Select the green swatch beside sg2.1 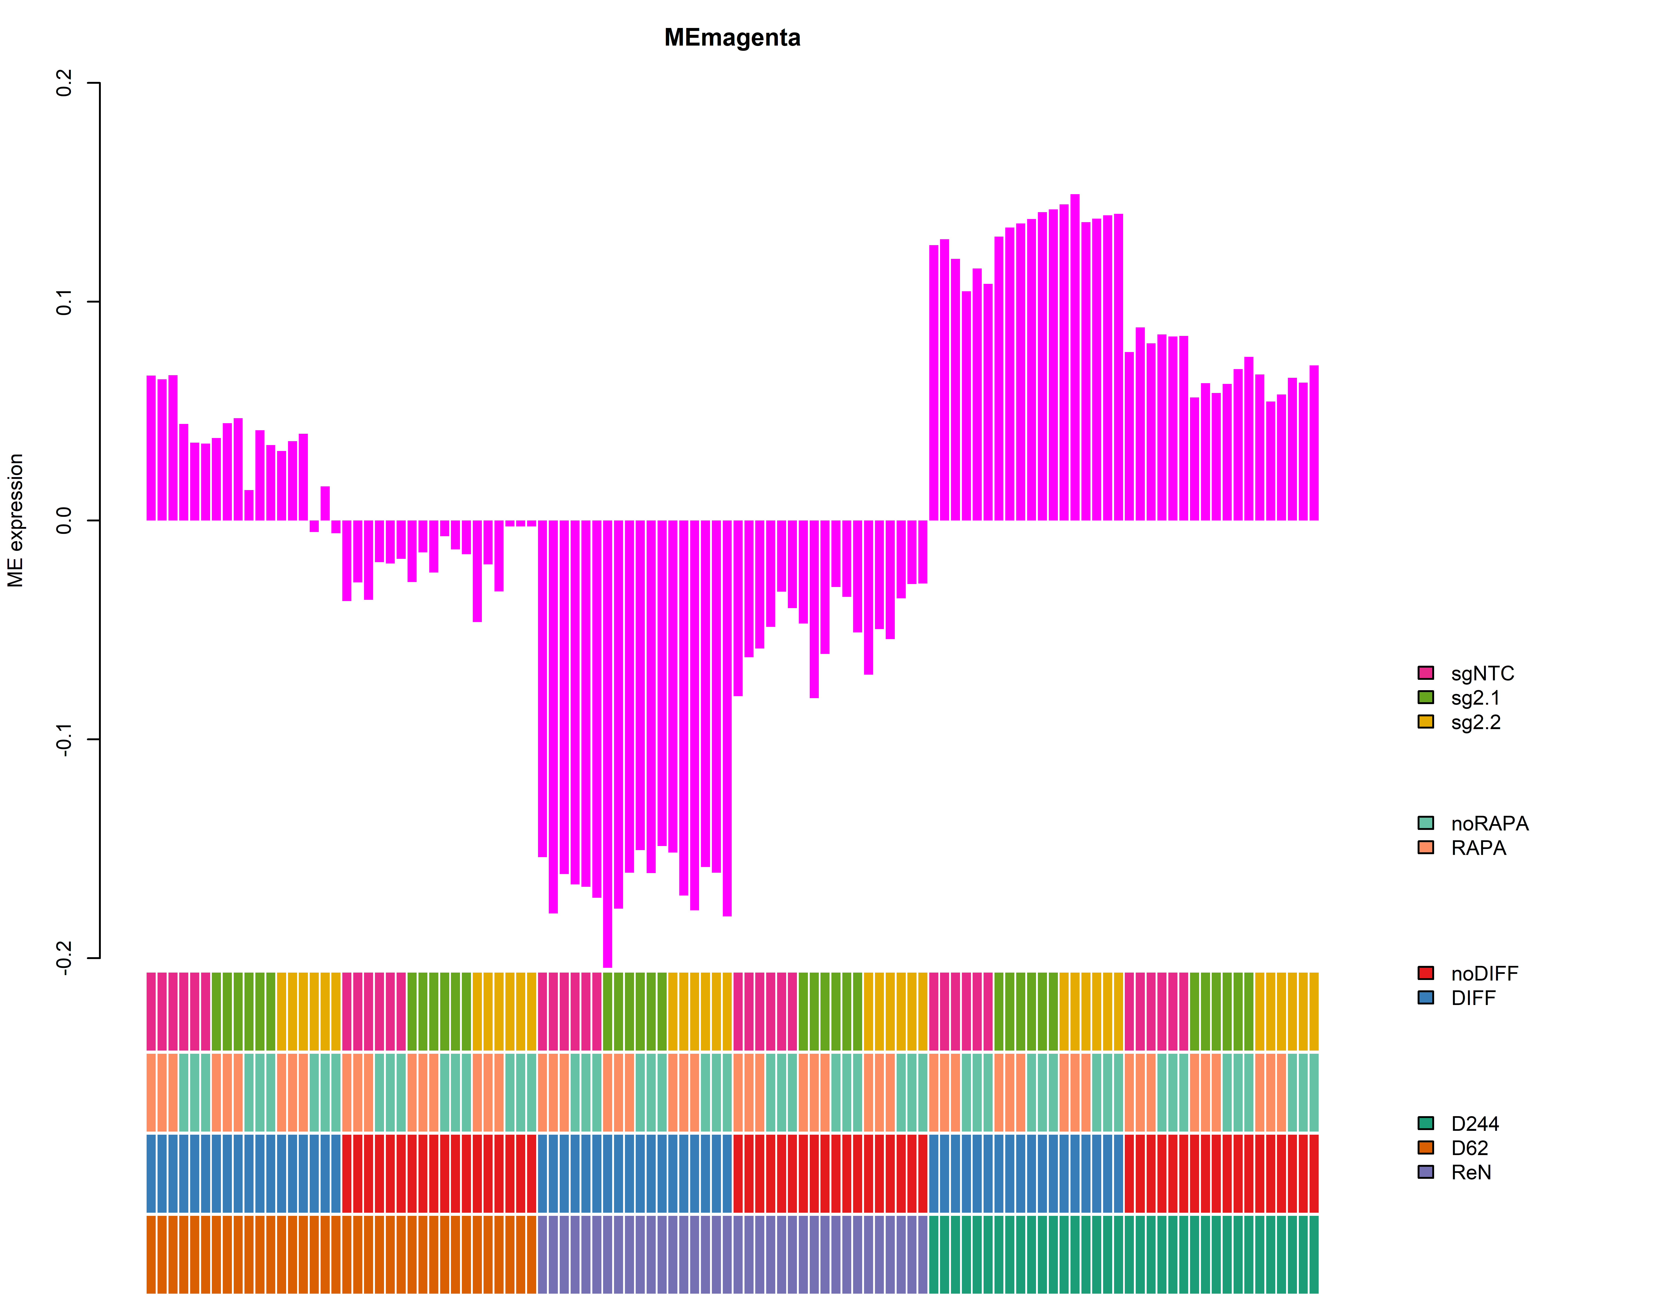tap(1425, 697)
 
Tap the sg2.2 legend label tap(1476, 722)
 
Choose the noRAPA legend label tap(1489, 824)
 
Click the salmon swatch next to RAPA tap(1425, 847)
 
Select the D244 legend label tap(1475, 1124)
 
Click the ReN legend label tap(1471, 1172)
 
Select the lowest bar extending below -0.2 tap(607, 744)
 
